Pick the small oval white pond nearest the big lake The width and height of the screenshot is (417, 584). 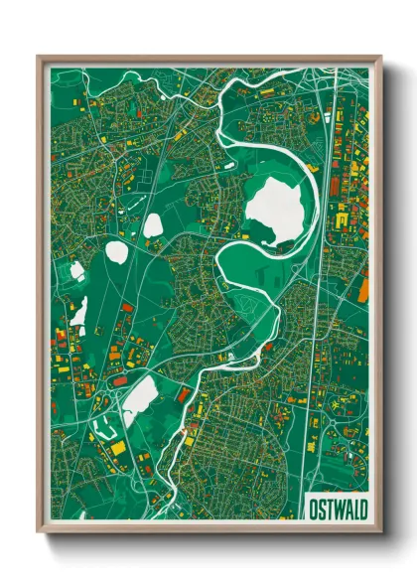click(x=152, y=226)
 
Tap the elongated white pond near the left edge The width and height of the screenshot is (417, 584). click(x=79, y=311)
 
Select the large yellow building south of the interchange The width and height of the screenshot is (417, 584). click(x=118, y=448)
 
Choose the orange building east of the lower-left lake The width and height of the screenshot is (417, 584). click(x=184, y=394)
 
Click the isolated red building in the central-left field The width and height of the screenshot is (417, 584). click(x=127, y=309)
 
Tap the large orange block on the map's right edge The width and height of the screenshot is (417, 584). click(x=363, y=289)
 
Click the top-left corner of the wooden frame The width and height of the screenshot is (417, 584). click(x=38, y=57)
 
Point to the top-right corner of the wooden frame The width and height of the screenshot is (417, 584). click(x=381, y=57)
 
